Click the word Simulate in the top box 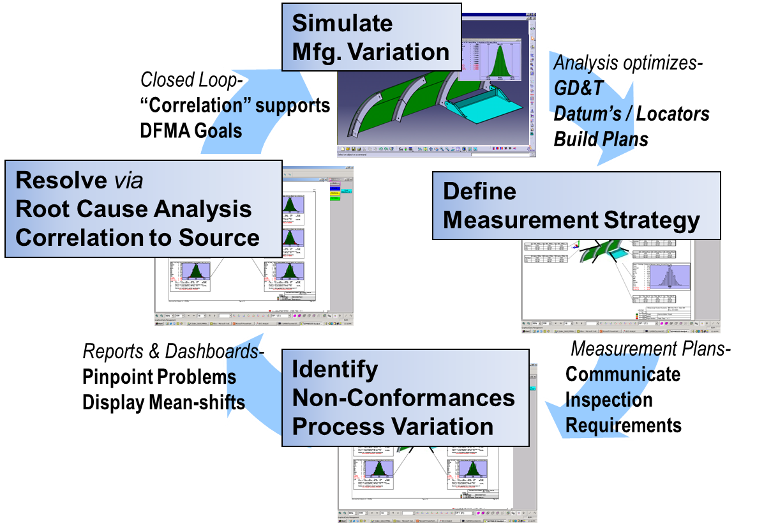pos(342,23)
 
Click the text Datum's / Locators pos(631,114)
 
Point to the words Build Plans pos(601,139)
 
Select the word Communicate pos(622,374)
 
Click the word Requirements pos(624,425)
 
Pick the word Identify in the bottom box pos(334,369)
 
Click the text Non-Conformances pos(403,398)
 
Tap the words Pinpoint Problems pos(159,377)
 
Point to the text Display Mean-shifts pos(163,403)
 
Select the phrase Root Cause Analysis pos(133,209)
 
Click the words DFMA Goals pos(190,131)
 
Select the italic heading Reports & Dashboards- pos(173,351)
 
